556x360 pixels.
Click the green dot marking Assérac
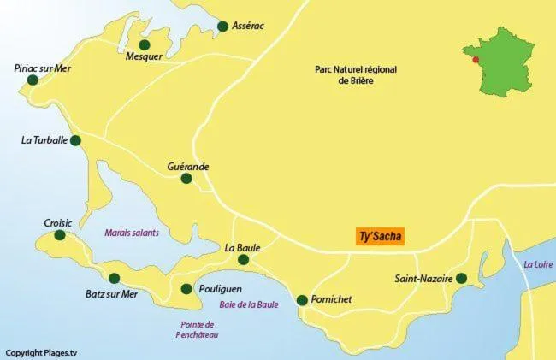[x=223, y=27]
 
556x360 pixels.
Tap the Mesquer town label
[x=144, y=58]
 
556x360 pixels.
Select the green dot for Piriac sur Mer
[x=33, y=80]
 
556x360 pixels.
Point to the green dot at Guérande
[x=187, y=179]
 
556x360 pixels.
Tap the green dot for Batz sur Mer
[x=115, y=278]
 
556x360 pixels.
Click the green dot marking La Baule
[x=244, y=260]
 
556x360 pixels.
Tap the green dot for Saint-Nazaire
[x=461, y=279]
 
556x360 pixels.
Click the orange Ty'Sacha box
[x=380, y=237]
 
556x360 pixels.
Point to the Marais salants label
[x=132, y=233]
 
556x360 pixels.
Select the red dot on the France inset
[x=476, y=60]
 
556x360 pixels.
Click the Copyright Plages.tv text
[x=41, y=352]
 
